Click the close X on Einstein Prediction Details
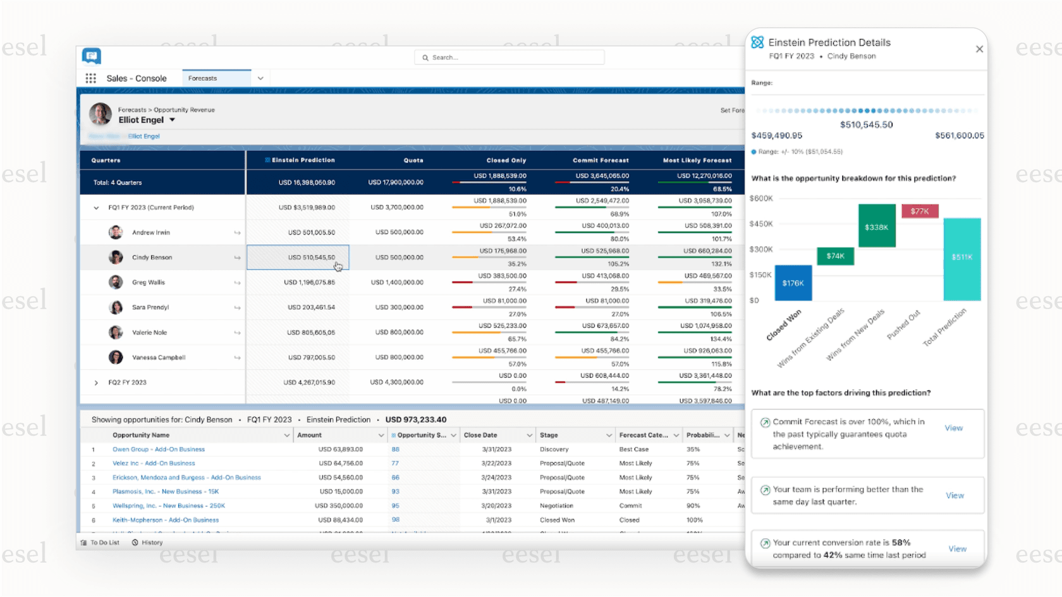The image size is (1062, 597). (x=979, y=49)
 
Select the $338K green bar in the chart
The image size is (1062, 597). (x=876, y=226)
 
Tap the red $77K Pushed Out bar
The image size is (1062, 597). (x=919, y=211)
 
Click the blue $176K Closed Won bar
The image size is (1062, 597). (x=793, y=283)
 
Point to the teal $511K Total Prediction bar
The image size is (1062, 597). (x=961, y=259)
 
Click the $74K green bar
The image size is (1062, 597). (x=835, y=256)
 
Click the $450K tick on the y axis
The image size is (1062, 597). (x=761, y=224)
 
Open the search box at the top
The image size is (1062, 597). (x=510, y=57)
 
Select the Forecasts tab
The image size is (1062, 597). (x=216, y=78)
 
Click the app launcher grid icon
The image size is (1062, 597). (x=91, y=78)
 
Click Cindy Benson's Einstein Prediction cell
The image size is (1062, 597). (x=298, y=257)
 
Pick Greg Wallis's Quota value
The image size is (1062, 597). (x=399, y=282)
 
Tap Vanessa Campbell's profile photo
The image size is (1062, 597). (x=116, y=358)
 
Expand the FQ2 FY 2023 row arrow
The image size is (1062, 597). (x=96, y=382)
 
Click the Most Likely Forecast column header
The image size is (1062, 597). (x=697, y=160)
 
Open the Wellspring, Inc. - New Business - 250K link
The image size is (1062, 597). (x=169, y=505)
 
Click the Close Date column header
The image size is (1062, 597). (x=480, y=435)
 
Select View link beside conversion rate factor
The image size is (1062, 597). (x=957, y=549)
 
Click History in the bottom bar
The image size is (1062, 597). (x=152, y=543)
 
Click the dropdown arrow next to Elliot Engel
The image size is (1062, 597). (x=172, y=120)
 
